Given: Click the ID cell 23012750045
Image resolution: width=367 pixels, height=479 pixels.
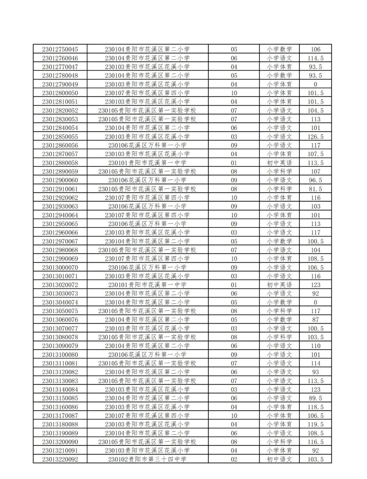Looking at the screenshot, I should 60,49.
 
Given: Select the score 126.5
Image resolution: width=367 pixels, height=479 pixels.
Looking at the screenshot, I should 315,136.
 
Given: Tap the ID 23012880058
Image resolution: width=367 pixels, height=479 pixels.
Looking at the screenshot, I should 60,163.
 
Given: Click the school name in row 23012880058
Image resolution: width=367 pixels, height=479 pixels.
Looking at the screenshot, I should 147,163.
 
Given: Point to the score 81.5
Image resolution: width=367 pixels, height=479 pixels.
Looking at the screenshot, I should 315,189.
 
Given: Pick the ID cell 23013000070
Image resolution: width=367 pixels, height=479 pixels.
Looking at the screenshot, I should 60,267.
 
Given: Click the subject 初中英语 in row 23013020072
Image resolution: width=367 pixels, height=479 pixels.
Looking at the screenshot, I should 279,285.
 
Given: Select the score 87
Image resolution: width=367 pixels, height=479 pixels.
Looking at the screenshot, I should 315,319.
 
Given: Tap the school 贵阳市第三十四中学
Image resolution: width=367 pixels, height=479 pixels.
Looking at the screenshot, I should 147,459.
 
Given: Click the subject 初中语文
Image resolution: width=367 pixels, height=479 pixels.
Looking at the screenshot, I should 279,459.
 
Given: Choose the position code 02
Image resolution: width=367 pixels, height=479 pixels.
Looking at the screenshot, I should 234,459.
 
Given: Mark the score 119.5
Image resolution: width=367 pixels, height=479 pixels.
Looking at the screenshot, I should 315,424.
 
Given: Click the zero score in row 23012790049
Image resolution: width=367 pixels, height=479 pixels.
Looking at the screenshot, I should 315,84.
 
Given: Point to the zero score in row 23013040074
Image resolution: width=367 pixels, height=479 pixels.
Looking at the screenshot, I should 315,302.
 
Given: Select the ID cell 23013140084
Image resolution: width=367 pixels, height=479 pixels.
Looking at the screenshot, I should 60,389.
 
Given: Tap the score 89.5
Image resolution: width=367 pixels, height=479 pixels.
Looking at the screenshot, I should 315,398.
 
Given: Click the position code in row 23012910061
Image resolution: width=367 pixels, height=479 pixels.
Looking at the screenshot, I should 234,189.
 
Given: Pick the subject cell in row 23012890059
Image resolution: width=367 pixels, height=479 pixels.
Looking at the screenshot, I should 279,171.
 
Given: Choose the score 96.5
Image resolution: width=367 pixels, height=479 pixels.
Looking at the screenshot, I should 315,180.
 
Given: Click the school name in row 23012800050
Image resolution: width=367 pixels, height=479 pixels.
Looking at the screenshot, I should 147,93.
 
